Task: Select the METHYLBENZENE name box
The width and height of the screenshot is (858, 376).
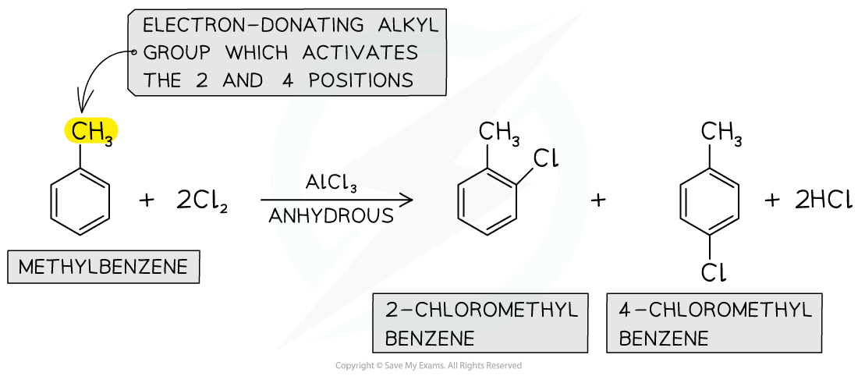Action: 103,268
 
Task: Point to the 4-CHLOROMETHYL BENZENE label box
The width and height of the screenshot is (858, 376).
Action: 714,323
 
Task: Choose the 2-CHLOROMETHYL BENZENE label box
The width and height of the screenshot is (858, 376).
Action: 480,323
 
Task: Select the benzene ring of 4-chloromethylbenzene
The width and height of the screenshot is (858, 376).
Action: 710,204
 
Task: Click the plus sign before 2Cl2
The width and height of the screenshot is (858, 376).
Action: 147,200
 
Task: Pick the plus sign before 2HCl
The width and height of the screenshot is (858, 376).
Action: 772,200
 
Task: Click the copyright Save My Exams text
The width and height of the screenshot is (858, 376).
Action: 428,366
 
